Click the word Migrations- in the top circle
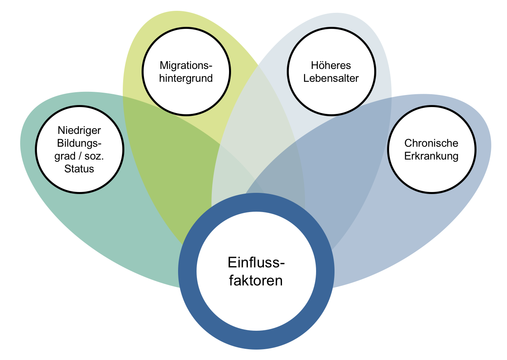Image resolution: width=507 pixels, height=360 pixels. click(x=186, y=65)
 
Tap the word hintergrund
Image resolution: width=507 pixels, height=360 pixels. click(x=186, y=78)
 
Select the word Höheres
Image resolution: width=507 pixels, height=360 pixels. click(x=331, y=65)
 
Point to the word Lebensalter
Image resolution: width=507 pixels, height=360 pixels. click(x=331, y=78)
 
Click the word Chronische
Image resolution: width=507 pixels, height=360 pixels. click(x=431, y=143)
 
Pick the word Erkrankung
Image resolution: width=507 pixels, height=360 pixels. click(x=431, y=156)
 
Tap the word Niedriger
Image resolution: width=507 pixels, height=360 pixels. click(x=79, y=130)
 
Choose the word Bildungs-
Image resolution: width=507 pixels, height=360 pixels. click(x=79, y=143)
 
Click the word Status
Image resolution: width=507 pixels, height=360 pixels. click(x=79, y=168)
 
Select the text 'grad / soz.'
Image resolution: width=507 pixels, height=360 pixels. click(x=79, y=156)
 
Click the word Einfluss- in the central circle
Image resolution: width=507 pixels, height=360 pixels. click(x=256, y=263)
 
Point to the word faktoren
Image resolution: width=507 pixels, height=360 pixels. click(x=256, y=280)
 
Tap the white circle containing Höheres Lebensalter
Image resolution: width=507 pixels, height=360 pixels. click(x=331, y=94)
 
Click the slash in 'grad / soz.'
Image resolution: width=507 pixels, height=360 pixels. click(x=79, y=156)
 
